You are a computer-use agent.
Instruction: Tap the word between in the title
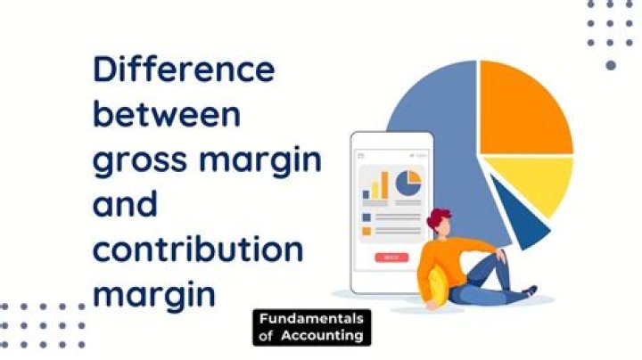[x=167, y=115]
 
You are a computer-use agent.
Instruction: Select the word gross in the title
[x=141, y=162]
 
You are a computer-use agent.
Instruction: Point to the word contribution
[x=197, y=250]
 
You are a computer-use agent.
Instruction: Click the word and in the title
[x=125, y=205]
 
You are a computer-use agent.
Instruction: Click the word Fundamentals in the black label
[x=311, y=319]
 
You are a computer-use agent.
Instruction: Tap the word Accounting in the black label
[x=323, y=335]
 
